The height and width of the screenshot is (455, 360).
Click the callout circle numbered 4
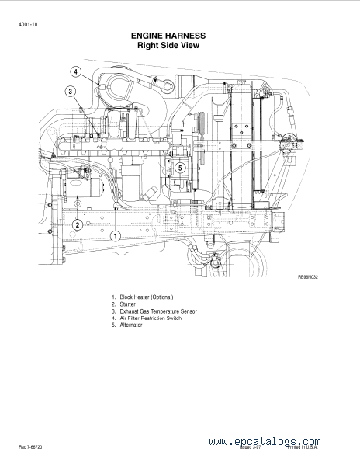76,71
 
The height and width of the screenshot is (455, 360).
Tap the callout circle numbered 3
70,92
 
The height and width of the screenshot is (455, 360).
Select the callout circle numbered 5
180,168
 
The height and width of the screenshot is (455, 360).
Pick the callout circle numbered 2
78,225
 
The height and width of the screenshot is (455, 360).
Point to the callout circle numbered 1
116,236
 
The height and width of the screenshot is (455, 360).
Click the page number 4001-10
28,24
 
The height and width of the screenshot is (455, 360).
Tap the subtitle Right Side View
168,45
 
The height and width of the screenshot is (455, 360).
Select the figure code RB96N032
308,277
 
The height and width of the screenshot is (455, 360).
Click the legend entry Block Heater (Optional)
147,297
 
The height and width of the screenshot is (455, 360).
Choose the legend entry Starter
127,304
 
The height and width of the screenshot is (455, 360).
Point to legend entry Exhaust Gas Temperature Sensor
158,311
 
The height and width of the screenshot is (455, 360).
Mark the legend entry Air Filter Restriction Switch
151,318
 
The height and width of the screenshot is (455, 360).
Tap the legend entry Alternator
131,325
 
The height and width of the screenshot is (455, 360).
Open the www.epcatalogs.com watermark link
265,442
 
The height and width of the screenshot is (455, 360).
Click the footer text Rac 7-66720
30,447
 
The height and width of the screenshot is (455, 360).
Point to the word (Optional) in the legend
162,297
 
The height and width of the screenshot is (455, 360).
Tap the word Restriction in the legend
153,318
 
